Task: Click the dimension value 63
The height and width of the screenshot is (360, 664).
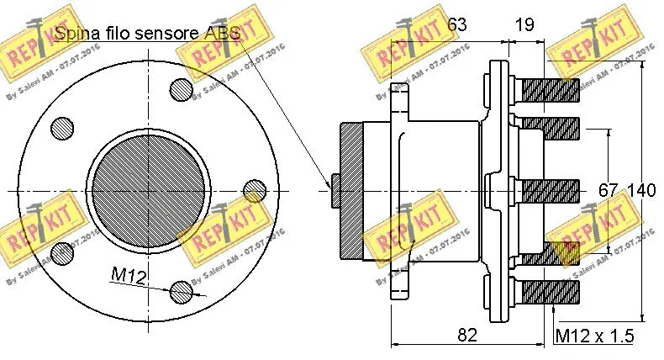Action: click(456, 25)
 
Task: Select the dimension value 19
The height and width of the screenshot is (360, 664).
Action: click(524, 25)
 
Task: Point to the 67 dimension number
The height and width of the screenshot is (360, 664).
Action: click(609, 191)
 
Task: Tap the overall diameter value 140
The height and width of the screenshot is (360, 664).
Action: click(641, 191)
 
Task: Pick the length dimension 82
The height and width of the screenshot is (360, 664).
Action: click(467, 334)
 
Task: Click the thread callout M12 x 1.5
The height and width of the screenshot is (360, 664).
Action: click(594, 336)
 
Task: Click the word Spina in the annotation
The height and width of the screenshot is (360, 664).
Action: click(76, 34)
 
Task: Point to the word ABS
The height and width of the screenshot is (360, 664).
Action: click(221, 34)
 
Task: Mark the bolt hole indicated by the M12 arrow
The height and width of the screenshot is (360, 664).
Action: click(182, 292)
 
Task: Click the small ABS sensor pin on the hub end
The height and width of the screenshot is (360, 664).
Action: click(335, 190)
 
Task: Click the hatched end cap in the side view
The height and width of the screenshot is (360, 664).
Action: click(351, 190)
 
